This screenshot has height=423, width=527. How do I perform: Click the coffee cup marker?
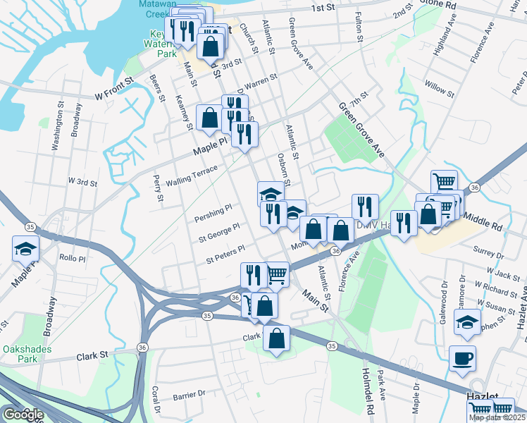(462, 358)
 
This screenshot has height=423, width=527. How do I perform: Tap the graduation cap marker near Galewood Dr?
(466, 322)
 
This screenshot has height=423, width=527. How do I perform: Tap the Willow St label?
(440, 89)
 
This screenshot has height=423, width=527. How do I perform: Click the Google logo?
(23, 415)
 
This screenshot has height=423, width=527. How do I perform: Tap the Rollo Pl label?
(72, 257)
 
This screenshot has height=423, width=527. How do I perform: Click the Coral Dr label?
(158, 399)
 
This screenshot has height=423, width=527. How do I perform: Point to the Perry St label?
(158, 188)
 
